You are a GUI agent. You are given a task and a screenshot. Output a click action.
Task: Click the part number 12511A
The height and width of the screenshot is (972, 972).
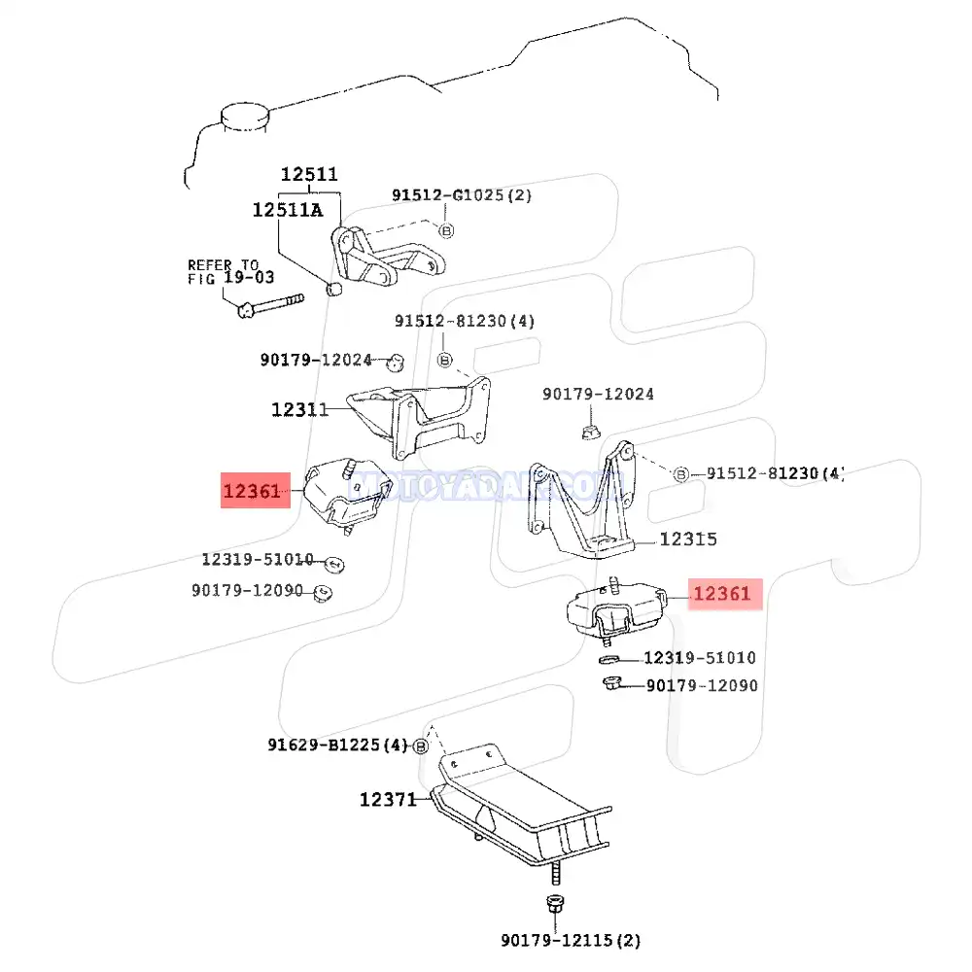pos(287,209)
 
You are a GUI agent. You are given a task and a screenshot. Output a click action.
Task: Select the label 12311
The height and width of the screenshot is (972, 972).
pos(299,410)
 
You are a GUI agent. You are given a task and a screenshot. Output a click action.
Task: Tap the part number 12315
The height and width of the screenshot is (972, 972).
pos(688,539)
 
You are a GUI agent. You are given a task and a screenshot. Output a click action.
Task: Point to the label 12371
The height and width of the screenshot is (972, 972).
pos(388,800)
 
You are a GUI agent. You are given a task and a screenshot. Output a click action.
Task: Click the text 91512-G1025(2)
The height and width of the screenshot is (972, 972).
pos(462,195)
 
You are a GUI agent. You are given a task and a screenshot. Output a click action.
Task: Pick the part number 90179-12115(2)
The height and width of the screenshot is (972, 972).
pos(571,940)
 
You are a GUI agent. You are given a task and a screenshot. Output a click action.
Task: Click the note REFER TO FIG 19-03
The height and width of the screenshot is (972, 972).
pos(224,271)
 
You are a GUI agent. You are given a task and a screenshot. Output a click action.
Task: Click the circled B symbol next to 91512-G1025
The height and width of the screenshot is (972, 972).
pos(446,230)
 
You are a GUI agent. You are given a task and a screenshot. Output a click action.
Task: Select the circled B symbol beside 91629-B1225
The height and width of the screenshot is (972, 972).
pos(421,746)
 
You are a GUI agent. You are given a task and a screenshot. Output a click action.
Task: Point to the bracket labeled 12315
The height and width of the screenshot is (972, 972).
pos(584,505)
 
